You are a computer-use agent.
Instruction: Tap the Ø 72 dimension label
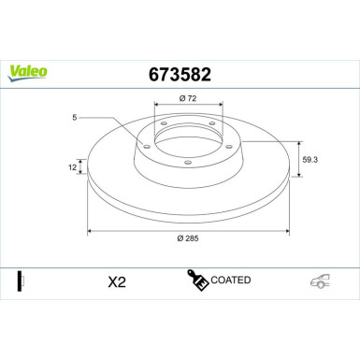coord(186,97)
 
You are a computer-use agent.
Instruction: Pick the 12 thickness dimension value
coord(71,166)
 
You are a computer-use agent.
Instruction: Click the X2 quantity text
coord(117,282)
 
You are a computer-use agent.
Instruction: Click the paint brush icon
coord(197,279)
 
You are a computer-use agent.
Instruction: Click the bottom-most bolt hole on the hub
coord(187,164)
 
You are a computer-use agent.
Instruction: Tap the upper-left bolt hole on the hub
coord(163,123)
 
